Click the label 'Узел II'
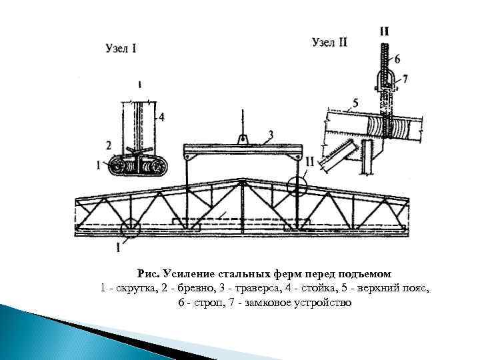tap(329, 42)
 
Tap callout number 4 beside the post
tap(161, 117)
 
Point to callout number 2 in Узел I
tap(109, 144)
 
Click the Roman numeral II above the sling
tap(385, 31)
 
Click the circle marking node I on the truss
tap(129, 228)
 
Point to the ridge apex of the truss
tap(239, 180)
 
